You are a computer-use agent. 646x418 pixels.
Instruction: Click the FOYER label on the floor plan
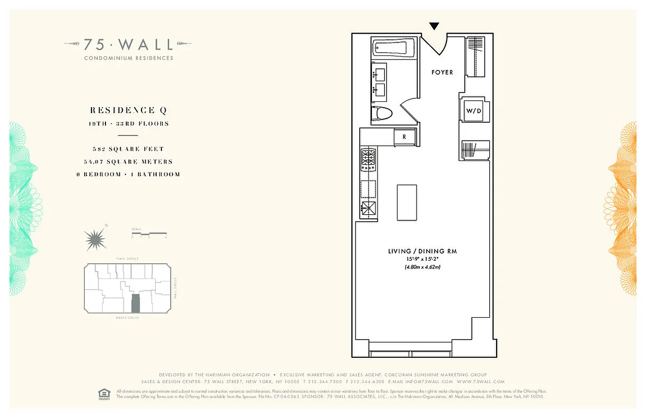442,72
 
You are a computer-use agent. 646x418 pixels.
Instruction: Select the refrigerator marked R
404,137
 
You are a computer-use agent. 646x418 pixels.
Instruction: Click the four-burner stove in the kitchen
368,159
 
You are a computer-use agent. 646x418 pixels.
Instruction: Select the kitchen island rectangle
407,202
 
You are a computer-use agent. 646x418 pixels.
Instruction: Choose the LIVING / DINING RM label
422,251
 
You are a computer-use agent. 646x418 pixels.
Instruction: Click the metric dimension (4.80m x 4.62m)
422,267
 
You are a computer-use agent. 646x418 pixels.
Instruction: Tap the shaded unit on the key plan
136,303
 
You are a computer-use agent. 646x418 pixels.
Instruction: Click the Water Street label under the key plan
127,318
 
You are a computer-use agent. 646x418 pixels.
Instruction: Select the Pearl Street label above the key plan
127,259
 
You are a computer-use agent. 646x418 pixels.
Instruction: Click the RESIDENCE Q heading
129,110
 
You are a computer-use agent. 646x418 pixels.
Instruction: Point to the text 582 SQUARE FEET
128,149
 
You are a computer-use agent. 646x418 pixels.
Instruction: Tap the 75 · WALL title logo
128,44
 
